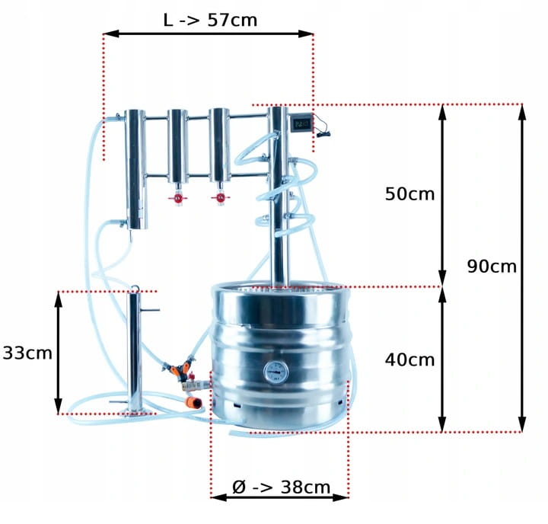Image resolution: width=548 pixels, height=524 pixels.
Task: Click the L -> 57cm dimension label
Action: [210, 20]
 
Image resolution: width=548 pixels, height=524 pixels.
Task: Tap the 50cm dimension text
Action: [409, 193]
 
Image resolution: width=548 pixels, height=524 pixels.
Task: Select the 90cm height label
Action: [492, 267]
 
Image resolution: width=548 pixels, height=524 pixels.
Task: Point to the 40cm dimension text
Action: [409, 359]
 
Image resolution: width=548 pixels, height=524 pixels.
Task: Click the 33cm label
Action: [27, 353]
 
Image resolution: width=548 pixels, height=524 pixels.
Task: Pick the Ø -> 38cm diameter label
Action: [281, 487]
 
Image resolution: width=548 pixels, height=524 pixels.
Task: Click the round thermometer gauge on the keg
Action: [276, 372]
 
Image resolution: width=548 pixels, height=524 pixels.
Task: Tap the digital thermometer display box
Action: [301, 123]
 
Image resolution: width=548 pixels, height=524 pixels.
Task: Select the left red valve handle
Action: [177, 199]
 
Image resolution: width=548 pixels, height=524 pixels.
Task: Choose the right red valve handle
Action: [220, 198]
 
